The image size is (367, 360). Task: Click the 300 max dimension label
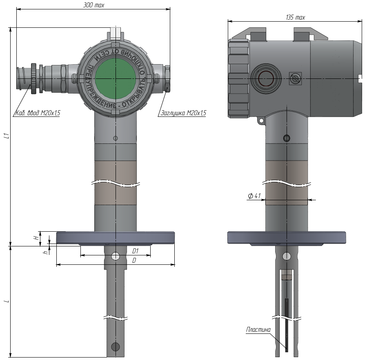[x=93, y=5]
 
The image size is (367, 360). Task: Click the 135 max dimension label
[x=296, y=17]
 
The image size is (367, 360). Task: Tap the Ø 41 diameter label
[x=254, y=196]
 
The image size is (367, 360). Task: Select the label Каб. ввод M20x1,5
[x=38, y=113]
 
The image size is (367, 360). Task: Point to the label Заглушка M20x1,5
[x=183, y=113]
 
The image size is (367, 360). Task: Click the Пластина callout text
[x=258, y=329]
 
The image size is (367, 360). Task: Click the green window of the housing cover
[x=116, y=79]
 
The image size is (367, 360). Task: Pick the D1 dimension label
[x=135, y=251]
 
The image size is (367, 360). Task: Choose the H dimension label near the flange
[x=36, y=238]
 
